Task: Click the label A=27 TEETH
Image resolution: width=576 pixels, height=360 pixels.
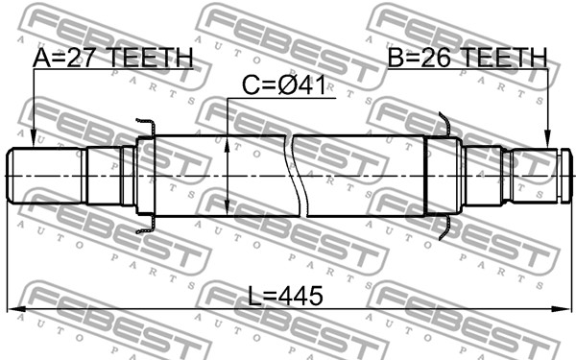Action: (x=112, y=58)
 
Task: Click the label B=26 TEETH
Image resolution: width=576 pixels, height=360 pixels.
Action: (x=468, y=58)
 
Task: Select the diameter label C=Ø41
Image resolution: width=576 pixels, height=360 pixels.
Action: (x=284, y=85)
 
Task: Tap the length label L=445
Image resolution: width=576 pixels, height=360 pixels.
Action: (x=285, y=296)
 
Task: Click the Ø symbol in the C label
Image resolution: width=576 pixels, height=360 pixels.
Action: (x=290, y=85)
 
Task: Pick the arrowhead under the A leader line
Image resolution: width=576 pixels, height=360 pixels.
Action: (x=34, y=139)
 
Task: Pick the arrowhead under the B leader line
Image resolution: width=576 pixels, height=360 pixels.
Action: (x=548, y=139)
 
